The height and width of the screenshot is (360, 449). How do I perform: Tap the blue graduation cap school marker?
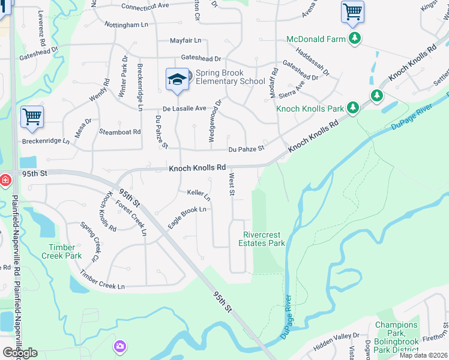click(177, 80)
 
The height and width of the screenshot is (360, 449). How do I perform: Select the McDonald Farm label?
click(316, 39)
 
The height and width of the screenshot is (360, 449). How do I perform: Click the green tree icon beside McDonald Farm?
click(355, 39)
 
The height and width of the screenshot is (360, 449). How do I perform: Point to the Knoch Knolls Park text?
click(310, 109)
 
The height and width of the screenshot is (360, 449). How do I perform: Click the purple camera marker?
click(120, 346)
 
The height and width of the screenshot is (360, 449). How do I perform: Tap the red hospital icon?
click(5, 179)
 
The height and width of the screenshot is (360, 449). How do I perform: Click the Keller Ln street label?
click(199, 194)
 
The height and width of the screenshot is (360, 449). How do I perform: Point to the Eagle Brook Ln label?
click(187, 217)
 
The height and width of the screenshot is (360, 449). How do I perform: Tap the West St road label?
click(231, 184)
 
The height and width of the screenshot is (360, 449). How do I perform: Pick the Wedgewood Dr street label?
click(214, 121)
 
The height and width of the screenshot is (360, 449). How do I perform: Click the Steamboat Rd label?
click(118, 131)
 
